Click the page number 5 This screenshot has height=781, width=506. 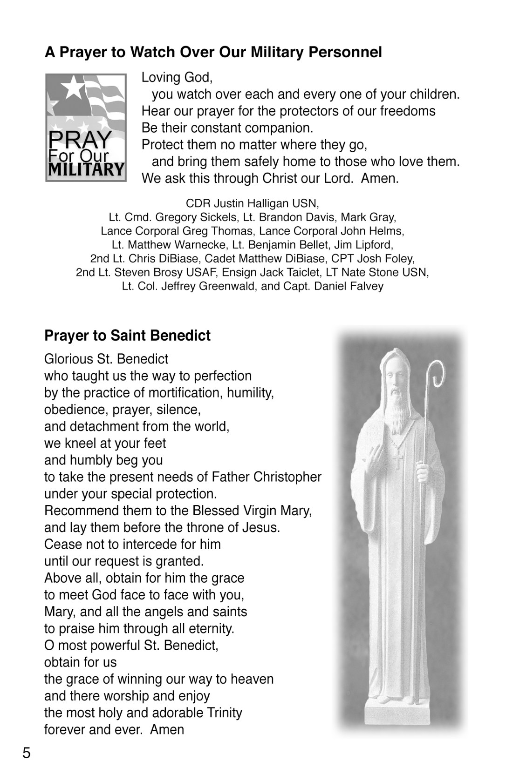pyautogui.click(x=27, y=753)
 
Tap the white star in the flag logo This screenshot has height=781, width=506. pyautogui.click(x=72, y=87)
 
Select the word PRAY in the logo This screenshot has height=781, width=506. pyautogui.click(x=80, y=139)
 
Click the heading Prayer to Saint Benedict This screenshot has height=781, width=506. pyautogui.click(x=127, y=336)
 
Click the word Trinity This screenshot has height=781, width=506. pyautogui.click(x=225, y=713)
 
